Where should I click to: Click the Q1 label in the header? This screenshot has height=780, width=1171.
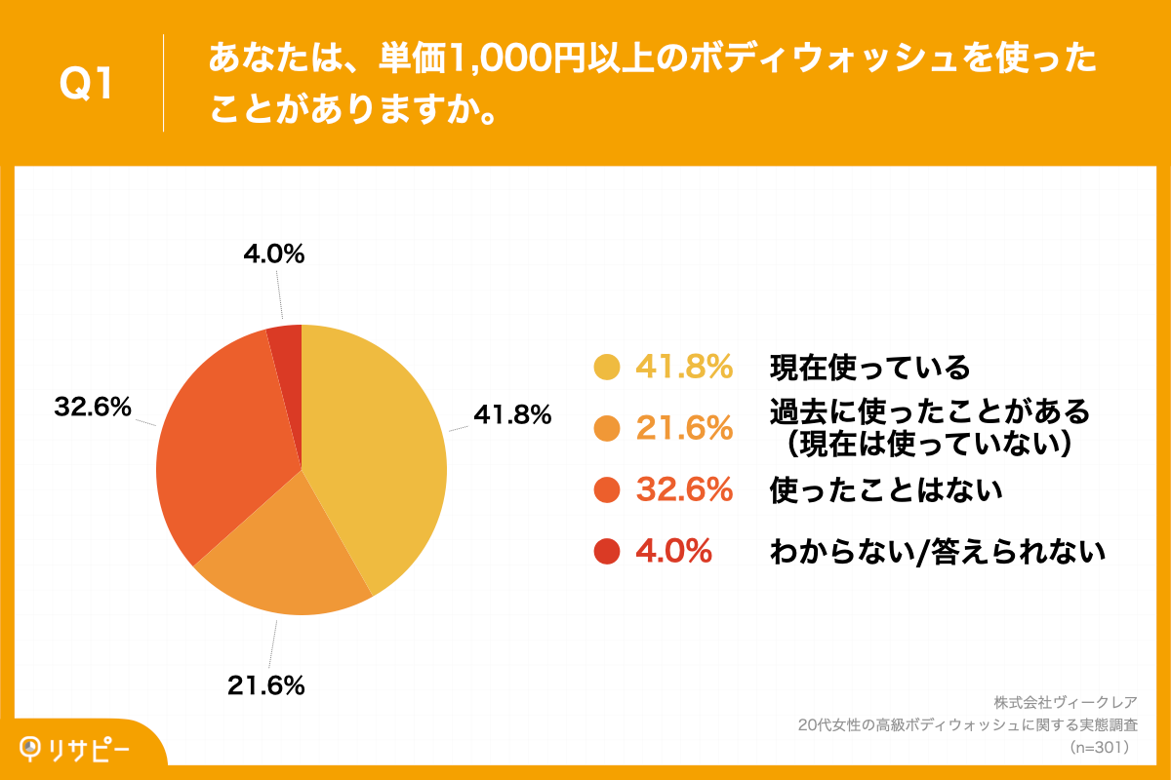(x=87, y=85)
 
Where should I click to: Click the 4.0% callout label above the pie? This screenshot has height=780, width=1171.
(x=273, y=254)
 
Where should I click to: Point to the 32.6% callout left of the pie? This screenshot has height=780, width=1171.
(x=93, y=409)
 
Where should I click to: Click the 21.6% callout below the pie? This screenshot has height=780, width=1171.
(x=266, y=685)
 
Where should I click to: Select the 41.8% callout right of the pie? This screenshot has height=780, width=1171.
(x=512, y=415)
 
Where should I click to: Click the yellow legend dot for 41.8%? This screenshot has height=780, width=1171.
(x=607, y=368)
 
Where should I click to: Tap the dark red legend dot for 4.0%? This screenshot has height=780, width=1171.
(x=607, y=552)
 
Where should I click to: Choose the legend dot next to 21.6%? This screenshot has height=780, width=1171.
(x=607, y=429)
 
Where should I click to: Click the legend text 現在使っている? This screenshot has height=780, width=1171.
(x=870, y=368)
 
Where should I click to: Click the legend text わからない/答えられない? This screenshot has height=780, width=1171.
(x=937, y=552)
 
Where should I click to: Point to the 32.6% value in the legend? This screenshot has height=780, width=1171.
(x=684, y=490)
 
